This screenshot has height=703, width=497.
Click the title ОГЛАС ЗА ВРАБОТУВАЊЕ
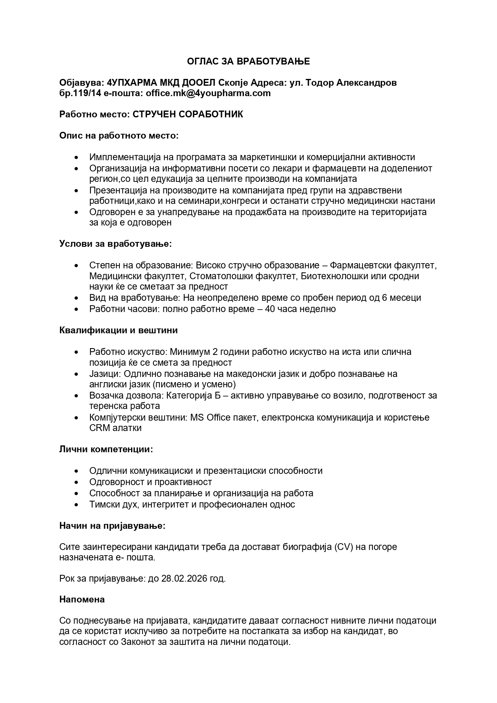[x=248, y=61]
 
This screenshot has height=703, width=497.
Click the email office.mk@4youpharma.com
[x=208, y=93]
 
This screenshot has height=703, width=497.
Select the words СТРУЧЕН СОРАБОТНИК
[x=188, y=115]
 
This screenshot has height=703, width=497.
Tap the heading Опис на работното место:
[x=119, y=135]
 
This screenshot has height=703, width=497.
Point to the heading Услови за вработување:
[x=116, y=244]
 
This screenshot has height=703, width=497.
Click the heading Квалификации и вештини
[x=119, y=330]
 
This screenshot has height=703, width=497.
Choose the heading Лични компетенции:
[x=106, y=449]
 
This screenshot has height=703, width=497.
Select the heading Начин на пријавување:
[x=112, y=526]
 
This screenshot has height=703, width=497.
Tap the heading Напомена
[x=82, y=599]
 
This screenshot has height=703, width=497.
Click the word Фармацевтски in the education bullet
[x=361, y=265]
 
